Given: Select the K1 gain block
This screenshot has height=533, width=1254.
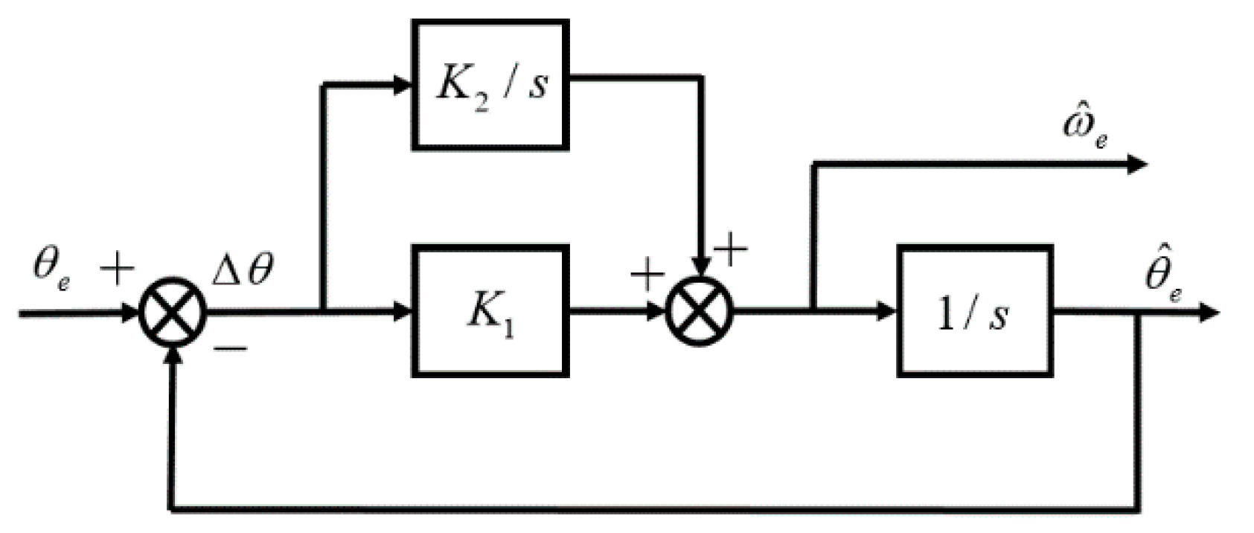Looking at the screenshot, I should click(x=490, y=310).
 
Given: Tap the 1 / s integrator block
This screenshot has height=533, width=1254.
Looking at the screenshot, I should click(x=974, y=310).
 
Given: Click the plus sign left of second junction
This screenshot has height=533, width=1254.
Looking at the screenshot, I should click(x=647, y=276).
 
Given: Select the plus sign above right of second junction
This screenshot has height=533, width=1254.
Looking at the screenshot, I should click(x=731, y=251).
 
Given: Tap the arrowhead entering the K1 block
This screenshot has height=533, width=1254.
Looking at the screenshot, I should click(x=402, y=311).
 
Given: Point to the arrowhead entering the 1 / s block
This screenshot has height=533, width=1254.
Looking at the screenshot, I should click(x=886, y=311).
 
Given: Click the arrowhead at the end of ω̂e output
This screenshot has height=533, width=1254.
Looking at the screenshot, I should click(x=1138, y=164).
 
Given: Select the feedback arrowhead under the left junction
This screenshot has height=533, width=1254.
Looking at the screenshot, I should click(x=173, y=356).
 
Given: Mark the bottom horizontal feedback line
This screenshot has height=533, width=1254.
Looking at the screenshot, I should click(x=655, y=510).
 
